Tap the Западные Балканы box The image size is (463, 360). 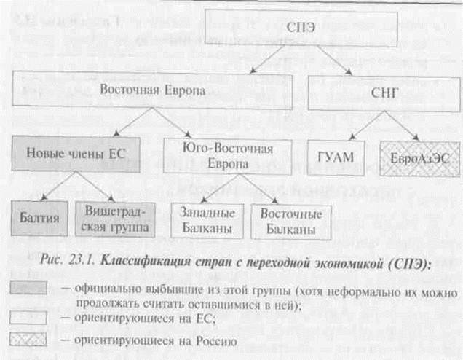pyautogui.click(x=206, y=219)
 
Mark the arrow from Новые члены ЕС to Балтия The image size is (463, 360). pyautogui.click(x=52, y=187)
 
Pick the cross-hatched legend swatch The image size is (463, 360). pyautogui.click(x=28, y=340)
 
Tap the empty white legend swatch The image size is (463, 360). pyautogui.click(x=28, y=317)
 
